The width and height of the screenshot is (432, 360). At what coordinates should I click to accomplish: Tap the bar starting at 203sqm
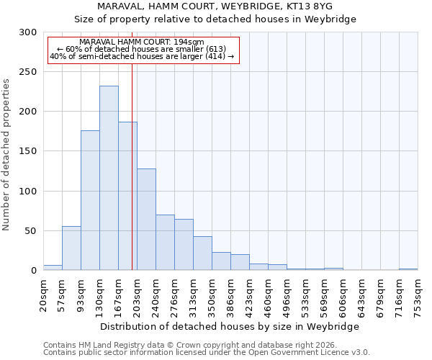coord(146,220)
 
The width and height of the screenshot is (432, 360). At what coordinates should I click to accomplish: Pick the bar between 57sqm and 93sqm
coord(71,248)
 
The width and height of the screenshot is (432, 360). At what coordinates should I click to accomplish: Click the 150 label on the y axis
coord(28,151)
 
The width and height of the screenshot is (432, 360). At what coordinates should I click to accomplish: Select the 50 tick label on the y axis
coord(31,231)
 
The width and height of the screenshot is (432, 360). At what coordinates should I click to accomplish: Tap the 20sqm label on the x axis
coord(43,295)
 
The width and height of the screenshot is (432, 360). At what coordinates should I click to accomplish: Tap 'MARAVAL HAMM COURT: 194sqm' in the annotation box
coord(142,42)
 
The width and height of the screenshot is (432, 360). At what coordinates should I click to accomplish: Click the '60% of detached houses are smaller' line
coord(142,49)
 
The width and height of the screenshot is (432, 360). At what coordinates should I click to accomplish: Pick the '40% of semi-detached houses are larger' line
coord(142,56)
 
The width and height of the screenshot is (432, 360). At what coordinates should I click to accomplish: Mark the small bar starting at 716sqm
coord(408,269)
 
